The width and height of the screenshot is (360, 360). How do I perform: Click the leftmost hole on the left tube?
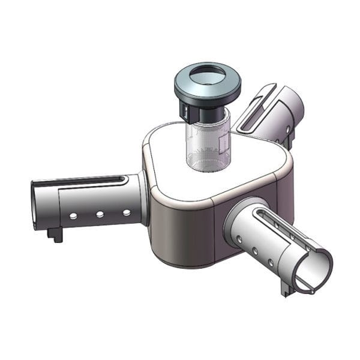click(73, 216)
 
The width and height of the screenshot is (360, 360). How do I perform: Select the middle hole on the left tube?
click(100, 214)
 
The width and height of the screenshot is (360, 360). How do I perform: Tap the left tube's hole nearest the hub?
click(126, 212)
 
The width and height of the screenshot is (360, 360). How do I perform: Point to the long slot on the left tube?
click(90, 180)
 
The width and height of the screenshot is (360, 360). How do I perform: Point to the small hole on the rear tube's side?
click(289, 128)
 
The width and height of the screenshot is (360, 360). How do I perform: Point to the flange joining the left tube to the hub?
click(143, 198)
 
